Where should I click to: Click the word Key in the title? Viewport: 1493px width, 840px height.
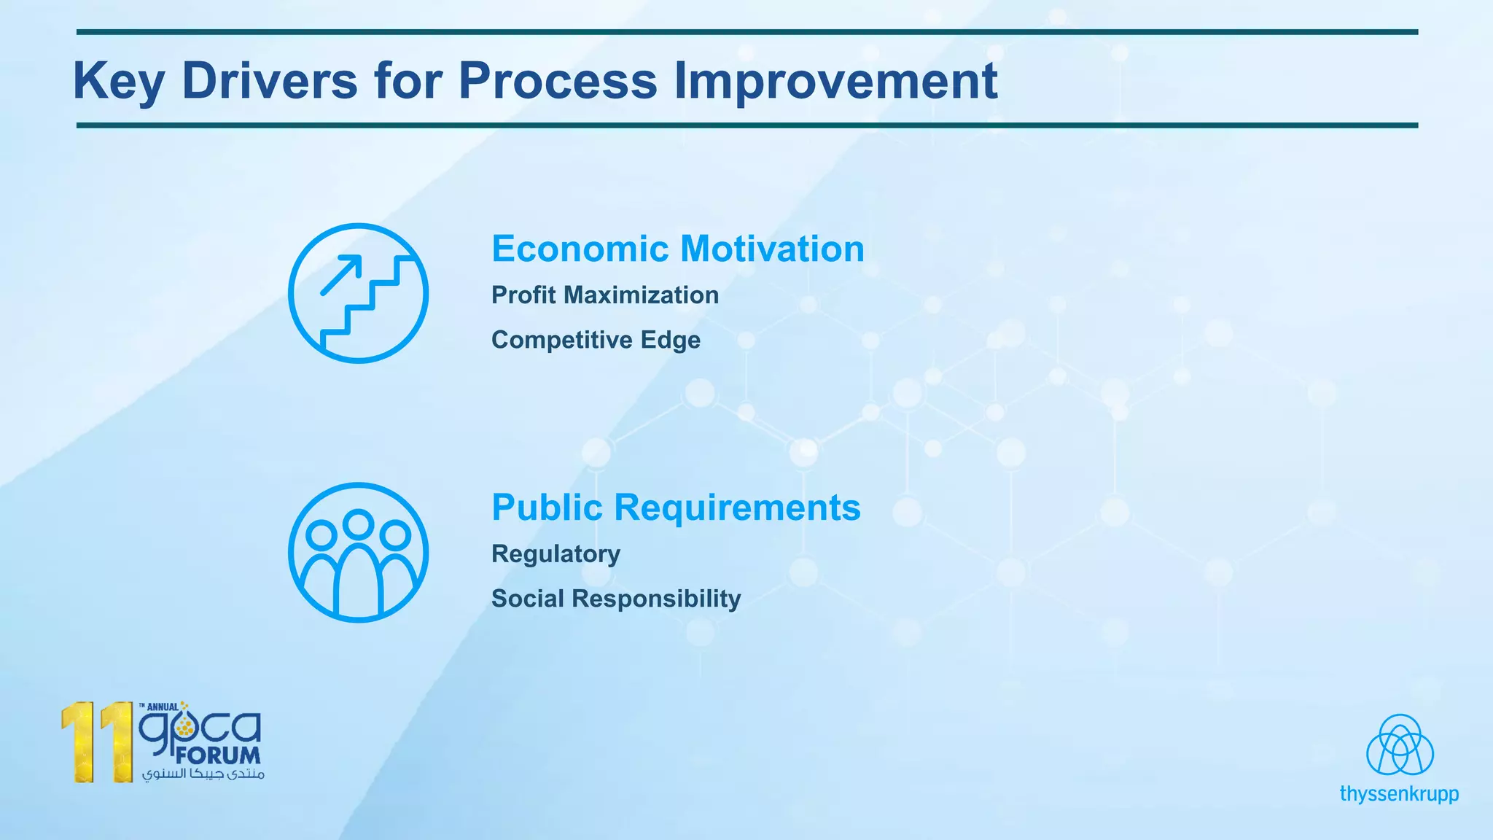118,81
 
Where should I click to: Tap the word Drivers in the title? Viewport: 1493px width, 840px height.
270,81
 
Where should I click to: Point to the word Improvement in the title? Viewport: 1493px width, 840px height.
835,81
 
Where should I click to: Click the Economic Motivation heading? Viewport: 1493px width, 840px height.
677,249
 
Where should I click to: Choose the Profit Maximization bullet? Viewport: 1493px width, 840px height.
604,295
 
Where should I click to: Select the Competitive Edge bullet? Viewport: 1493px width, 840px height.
596,340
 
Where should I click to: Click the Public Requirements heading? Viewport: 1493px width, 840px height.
676,507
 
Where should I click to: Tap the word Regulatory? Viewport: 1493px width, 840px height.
556,554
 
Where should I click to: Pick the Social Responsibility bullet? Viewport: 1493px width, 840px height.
616,599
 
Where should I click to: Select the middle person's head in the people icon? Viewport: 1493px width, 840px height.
358,524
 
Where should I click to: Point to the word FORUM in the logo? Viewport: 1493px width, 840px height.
218,755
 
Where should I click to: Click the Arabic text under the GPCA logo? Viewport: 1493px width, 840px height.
203,774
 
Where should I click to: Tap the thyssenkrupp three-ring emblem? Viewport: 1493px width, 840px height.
1400,745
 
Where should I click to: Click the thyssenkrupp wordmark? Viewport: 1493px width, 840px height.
1399,794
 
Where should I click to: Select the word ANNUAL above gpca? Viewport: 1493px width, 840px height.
162,707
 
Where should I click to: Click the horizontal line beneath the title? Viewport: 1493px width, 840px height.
746,125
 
